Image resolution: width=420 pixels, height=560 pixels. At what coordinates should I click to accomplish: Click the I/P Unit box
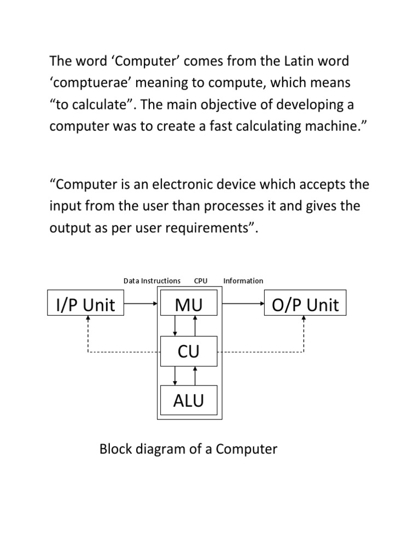[x=86, y=305]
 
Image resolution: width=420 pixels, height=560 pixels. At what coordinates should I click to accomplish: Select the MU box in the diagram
[x=189, y=305]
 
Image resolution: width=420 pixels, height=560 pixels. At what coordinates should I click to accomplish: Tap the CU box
[x=189, y=352]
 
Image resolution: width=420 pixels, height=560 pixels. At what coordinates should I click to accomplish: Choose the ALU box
[x=189, y=400]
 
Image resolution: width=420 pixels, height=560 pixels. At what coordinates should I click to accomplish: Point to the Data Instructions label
[x=152, y=281]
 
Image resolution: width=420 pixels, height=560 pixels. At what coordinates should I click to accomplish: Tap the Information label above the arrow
[x=243, y=281]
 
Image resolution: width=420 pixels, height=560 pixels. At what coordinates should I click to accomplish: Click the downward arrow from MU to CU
[x=175, y=326]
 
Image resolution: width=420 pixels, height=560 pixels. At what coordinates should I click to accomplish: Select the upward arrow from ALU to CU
[x=195, y=376]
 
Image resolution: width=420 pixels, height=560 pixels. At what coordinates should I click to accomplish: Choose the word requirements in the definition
[x=201, y=228]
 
